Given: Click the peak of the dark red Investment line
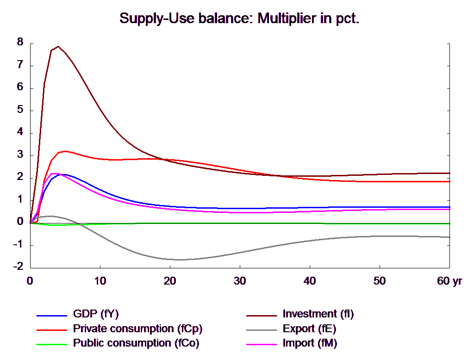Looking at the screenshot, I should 58,46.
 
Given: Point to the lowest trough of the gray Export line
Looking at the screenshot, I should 181,260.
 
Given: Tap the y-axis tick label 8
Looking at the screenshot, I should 20,42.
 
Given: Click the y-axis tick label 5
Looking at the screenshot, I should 20,109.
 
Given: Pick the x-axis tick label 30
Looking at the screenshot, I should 239,281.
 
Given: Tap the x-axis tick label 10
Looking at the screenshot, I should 100,281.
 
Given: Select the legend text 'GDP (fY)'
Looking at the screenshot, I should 96,314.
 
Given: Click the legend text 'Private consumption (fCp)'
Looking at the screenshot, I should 137,329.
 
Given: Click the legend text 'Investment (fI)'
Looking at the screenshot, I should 318,314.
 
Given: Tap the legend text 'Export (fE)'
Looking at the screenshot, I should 309,329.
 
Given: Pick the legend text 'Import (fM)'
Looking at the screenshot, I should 310,344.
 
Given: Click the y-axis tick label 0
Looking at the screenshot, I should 20,221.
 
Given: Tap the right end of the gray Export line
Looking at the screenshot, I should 450,237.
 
